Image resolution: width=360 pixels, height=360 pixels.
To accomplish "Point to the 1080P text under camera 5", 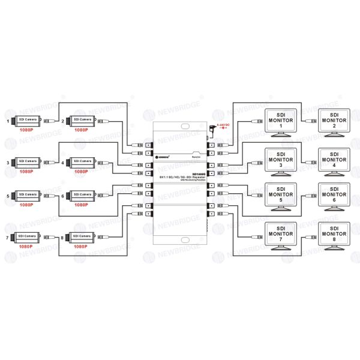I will tap(25, 205).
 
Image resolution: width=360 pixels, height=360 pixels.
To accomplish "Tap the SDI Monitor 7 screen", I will tap(280, 235).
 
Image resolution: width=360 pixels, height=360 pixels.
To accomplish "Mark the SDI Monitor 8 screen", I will tap(334, 235).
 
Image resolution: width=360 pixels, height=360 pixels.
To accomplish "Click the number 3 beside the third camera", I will tap(8, 162).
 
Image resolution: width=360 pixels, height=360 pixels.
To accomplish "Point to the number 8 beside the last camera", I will tap(62, 238).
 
